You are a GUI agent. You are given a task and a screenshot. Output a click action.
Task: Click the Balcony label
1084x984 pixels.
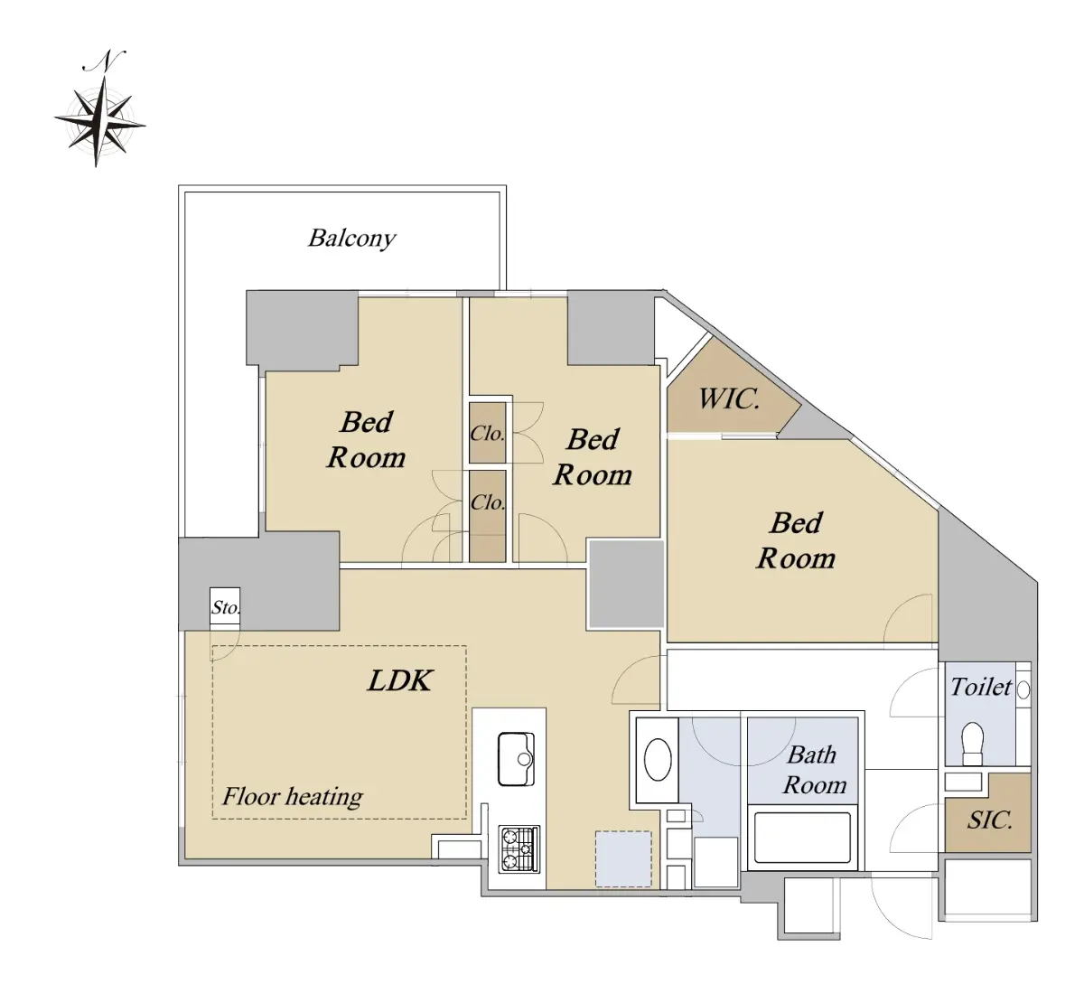tap(351, 239)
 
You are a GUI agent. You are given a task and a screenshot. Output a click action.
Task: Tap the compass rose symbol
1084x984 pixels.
tap(99, 122)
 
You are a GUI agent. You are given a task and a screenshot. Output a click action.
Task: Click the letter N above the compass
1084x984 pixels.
tap(105, 61)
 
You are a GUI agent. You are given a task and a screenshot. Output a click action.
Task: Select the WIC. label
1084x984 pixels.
tap(729, 399)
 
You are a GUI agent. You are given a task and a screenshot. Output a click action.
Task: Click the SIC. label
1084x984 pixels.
tap(989, 820)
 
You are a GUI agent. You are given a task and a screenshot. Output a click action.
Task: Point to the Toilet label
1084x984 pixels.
tap(981, 688)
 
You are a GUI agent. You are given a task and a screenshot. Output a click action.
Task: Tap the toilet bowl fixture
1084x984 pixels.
tap(973, 743)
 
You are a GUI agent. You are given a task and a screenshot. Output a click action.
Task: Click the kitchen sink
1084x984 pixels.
tap(516, 759)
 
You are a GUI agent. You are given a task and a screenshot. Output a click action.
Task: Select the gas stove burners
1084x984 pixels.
tap(519, 848)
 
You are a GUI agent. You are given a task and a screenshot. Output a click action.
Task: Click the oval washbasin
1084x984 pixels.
tap(659, 760)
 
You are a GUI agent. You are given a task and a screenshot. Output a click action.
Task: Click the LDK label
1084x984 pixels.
tap(400, 680)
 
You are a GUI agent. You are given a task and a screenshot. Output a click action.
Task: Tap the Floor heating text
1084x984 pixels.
tap(293, 797)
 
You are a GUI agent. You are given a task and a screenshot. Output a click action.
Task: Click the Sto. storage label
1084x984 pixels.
tap(225, 608)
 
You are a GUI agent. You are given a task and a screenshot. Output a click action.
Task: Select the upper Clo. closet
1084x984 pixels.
tap(488, 433)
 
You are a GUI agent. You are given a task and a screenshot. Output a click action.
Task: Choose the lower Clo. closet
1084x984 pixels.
tap(488, 516)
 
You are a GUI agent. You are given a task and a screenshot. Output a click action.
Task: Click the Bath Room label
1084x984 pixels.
tap(814, 769)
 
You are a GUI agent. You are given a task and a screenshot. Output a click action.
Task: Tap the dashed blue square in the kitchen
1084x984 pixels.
tap(623, 858)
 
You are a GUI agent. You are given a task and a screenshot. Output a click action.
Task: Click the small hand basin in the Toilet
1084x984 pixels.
tap(1023, 689)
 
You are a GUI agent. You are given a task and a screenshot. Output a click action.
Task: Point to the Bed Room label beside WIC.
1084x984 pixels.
tap(796, 540)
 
